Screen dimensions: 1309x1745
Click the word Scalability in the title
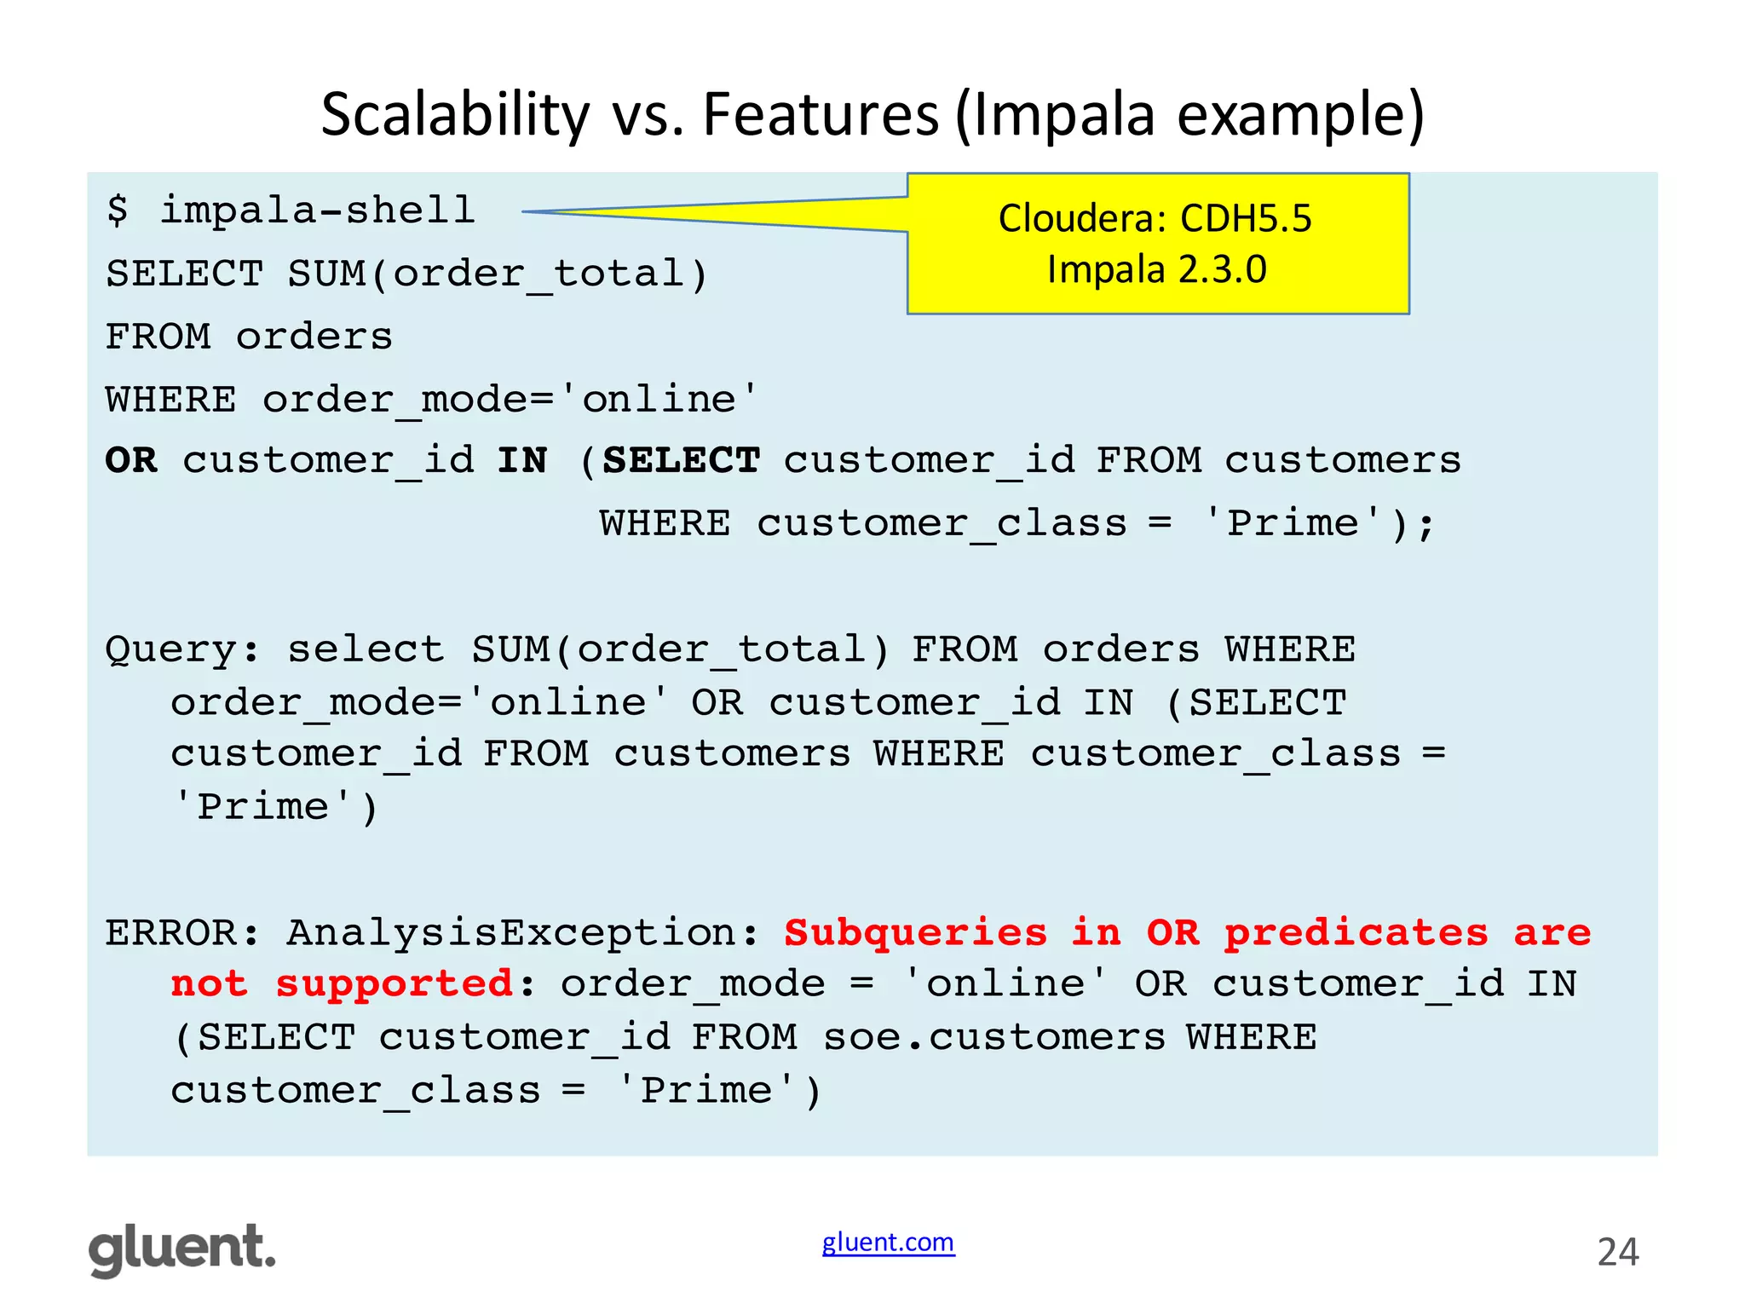tap(455, 115)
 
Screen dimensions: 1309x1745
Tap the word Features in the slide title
tap(820, 115)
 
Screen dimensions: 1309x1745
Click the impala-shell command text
tap(317, 210)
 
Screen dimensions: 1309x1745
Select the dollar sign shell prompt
tap(118, 210)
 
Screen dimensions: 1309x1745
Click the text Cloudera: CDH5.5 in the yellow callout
tap(1155, 219)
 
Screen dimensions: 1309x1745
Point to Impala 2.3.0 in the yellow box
tap(1156, 270)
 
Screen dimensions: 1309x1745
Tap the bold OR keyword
tap(131, 461)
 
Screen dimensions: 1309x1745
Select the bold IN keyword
tap(522, 461)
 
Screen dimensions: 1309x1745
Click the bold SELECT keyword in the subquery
tap(681, 461)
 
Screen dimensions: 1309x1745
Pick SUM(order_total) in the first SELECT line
tap(498, 274)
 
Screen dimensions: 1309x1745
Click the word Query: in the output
tap(182, 650)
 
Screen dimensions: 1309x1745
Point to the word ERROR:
tap(182, 933)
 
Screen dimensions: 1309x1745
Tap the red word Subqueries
tap(915, 933)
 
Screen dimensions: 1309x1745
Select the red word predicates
tap(1356, 933)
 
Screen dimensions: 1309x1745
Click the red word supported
tap(394, 984)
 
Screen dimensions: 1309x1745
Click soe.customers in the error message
tap(993, 1038)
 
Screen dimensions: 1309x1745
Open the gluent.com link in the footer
tap(888, 1243)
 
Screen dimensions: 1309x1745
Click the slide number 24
tap(1617, 1252)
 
